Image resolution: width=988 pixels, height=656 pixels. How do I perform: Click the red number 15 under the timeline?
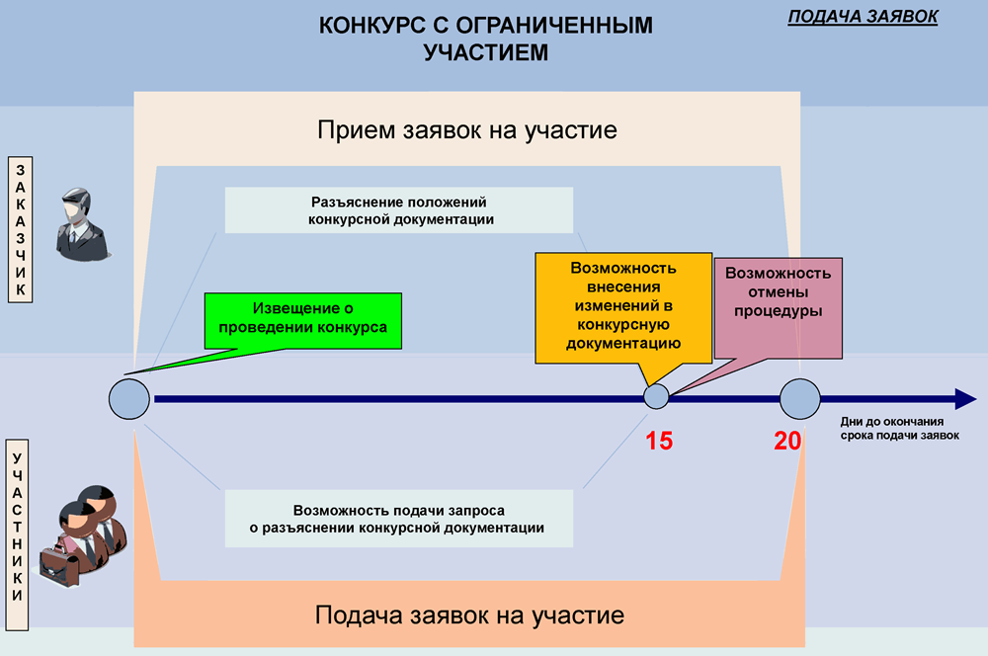tap(659, 441)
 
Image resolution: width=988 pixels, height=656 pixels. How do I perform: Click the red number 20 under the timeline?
tap(787, 441)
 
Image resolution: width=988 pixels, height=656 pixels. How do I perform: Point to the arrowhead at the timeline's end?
tap(963, 399)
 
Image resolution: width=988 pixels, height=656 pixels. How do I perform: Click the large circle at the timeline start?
tap(128, 399)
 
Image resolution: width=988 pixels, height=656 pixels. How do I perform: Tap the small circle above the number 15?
tap(657, 397)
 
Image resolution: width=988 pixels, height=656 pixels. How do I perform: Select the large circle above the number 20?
tap(799, 399)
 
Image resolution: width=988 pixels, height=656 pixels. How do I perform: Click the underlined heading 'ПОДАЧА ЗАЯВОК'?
tap(863, 17)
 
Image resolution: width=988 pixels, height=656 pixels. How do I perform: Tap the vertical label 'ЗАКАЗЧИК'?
tap(20, 228)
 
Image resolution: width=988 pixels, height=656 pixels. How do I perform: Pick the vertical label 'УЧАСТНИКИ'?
tap(19, 527)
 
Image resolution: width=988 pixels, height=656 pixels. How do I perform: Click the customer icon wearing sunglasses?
tap(79, 224)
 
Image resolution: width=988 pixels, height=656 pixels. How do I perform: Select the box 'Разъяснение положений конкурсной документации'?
tap(400, 210)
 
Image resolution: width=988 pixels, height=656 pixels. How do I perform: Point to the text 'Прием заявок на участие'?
tap(466, 130)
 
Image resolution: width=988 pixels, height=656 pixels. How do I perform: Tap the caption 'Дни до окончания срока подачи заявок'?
tap(900, 428)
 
